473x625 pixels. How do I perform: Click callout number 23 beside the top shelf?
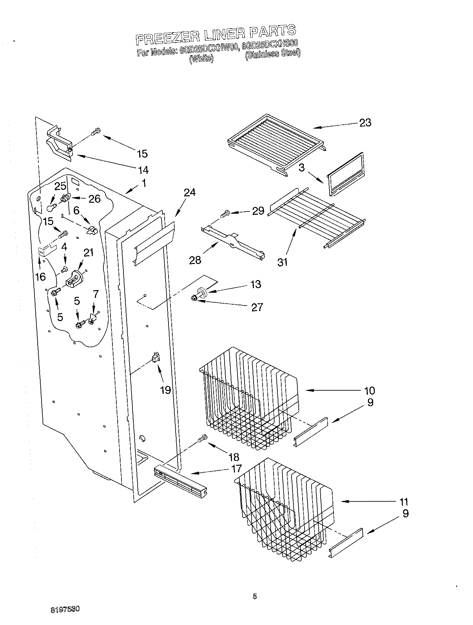[x=365, y=122]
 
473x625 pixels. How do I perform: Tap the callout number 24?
[x=190, y=192]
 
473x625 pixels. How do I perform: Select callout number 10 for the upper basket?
[x=369, y=390]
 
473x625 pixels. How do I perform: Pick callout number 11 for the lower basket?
[x=403, y=502]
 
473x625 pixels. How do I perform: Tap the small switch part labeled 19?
[x=156, y=357]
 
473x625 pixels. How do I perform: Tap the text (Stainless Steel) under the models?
[x=273, y=54]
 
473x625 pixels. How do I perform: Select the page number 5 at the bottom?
[x=255, y=596]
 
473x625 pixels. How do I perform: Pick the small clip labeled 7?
[x=93, y=319]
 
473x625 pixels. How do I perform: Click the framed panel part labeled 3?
[x=345, y=174]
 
